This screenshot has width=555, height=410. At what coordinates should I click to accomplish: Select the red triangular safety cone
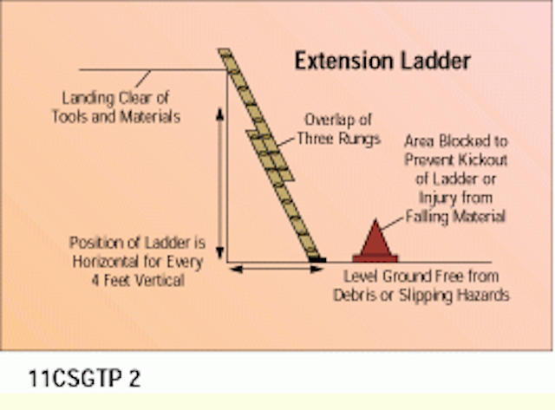click(x=375, y=242)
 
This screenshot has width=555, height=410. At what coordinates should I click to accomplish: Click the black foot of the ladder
click(x=317, y=260)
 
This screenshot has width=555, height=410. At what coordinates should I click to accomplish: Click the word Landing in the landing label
click(x=88, y=99)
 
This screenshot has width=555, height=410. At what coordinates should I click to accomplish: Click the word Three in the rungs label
click(x=316, y=138)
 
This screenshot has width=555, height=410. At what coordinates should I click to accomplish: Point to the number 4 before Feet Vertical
click(x=95, y=281)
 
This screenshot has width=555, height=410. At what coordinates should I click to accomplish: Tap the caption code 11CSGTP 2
click(x=85, y=378)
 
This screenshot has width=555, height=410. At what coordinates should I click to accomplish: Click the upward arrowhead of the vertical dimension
click(x=219, y=114)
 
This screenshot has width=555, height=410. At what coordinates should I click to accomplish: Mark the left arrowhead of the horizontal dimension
click(x=236, y=270)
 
